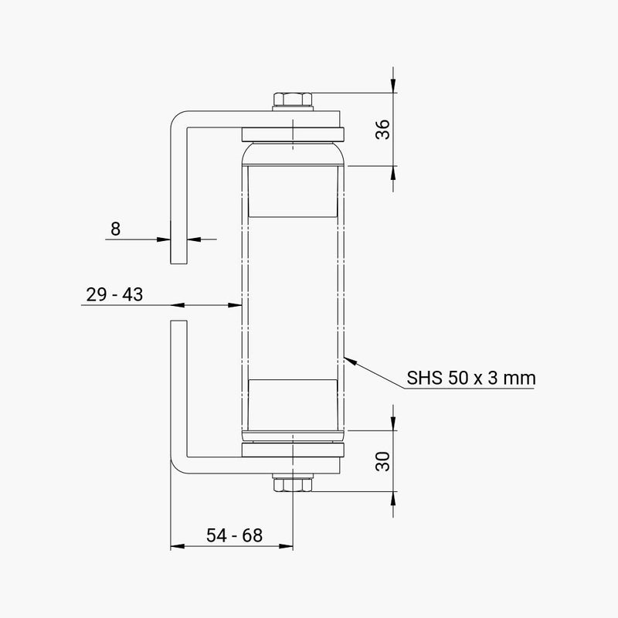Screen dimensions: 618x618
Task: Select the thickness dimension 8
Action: pyautogui.click(x=116, y=229)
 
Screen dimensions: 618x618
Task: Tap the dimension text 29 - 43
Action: pyautogui.click(x=114, y=294)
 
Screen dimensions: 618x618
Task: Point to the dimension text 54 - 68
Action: pyautogui.click(x=233, y=535)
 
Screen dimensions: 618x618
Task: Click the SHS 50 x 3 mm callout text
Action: pyautogui.click(x=471, y=379)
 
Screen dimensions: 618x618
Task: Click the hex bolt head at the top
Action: pyautogui.click(x=293, y=100)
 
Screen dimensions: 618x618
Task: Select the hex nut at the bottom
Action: pyautogui.click(x=293, y=484)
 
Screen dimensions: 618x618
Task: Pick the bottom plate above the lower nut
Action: pyautogui.click(x=293, y=450)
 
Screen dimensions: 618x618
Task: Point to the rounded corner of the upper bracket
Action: pyautogui.click(x=177, y=118)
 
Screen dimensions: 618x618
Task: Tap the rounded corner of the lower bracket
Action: pyautogui.click(x=177, y=466)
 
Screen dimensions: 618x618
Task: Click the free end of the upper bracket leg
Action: pyautogui.click(x=178, y=261)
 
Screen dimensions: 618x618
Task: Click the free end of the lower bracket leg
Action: pyautogui.click(x=178, y=321)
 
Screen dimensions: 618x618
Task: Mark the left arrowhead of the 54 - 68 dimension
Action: pyautogui.click(x=175, y=547)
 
